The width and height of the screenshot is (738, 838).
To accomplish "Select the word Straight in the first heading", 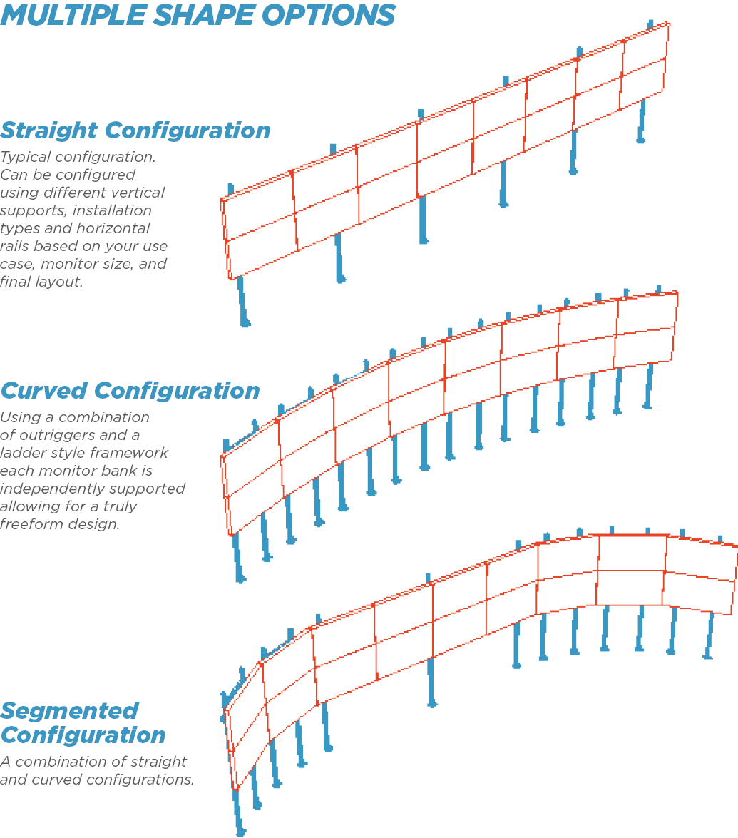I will (x=49, y=131).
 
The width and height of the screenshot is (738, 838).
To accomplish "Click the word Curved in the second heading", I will (x=43, y=391).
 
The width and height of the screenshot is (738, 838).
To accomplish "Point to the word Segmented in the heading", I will (x=69, y=711).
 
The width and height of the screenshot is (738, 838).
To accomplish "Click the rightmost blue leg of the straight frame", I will (x=642, y=121).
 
